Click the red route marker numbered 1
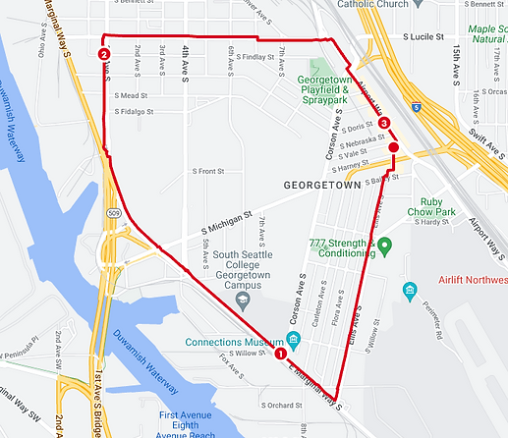pyautogui.click(x=280, y=354)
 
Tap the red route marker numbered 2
pyautogui.click(x=103, y=55)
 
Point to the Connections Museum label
pyautogui.click(x=239, y=342)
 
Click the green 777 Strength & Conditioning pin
pyautogui.click(x=384, y=245)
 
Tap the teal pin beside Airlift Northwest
pyautogui.click(x=410, y=292)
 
